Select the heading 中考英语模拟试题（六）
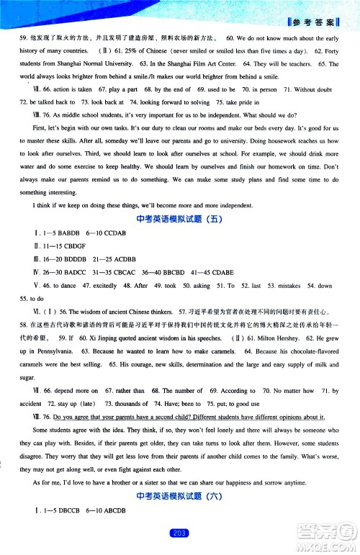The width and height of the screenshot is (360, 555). pos(180,497)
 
